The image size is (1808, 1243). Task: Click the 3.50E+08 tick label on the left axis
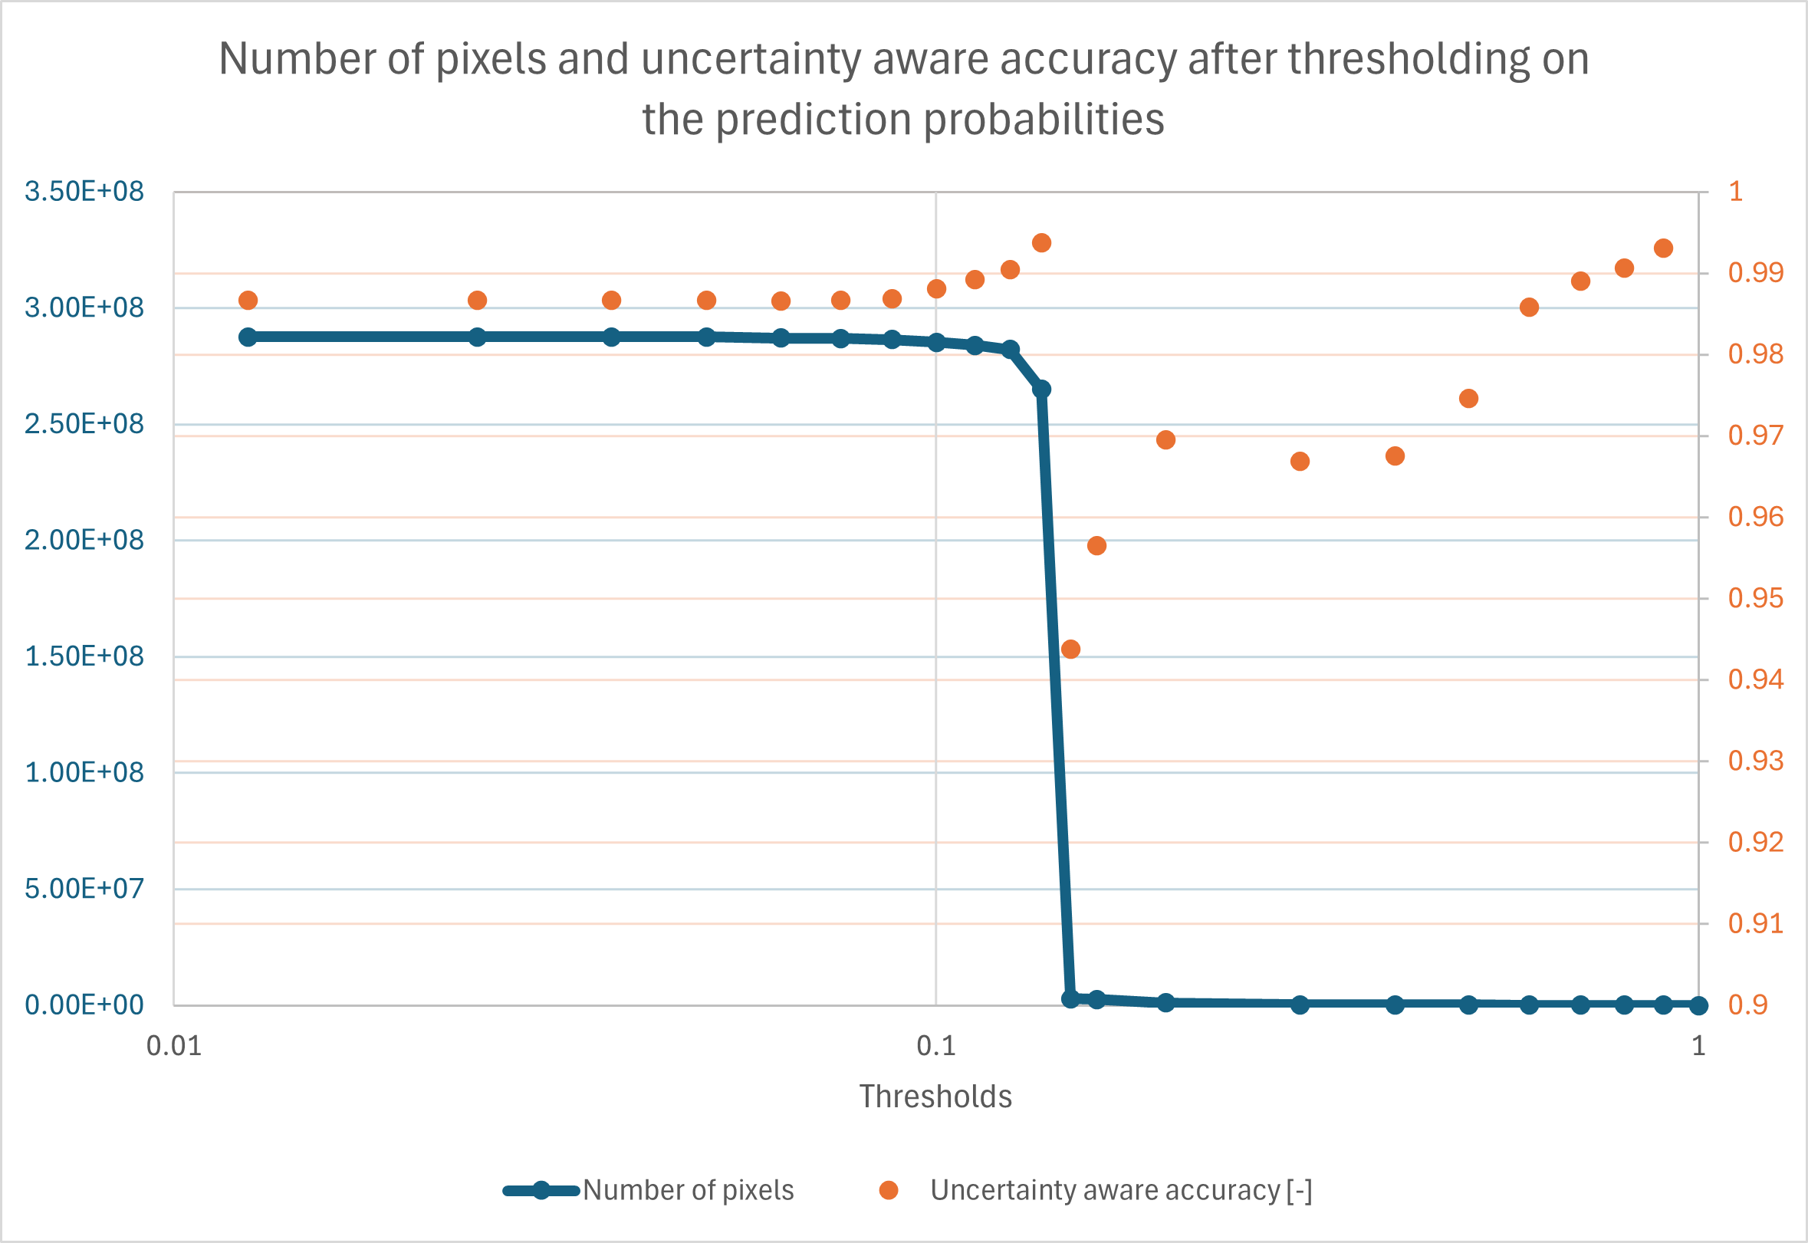(84, 192)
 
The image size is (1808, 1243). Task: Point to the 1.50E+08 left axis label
(84, 656)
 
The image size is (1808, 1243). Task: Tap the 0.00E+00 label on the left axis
(84, 1005)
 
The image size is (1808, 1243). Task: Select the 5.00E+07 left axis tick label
(84, 889)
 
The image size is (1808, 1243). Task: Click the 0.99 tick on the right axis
(1756, 272)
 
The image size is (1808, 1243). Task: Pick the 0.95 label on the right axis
(1756, 598)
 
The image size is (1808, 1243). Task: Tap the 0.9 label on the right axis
(1747, 1005)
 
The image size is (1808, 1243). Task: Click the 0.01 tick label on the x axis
(173, 1046)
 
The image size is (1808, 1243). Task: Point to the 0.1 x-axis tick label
(936, 1046)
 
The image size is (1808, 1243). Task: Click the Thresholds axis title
(935, 1097)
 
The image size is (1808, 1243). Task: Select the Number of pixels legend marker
(541, 1190)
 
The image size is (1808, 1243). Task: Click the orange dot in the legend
(889, 1190)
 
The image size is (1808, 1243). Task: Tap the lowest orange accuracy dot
(1070, 649)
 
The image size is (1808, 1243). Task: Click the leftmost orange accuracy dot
(248, 301)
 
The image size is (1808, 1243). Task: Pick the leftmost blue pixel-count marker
(248, 337)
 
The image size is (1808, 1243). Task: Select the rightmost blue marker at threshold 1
(1699, 1005)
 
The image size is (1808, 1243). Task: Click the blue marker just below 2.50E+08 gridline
(1042, 390)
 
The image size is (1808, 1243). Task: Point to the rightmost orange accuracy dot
(1664, 248)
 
